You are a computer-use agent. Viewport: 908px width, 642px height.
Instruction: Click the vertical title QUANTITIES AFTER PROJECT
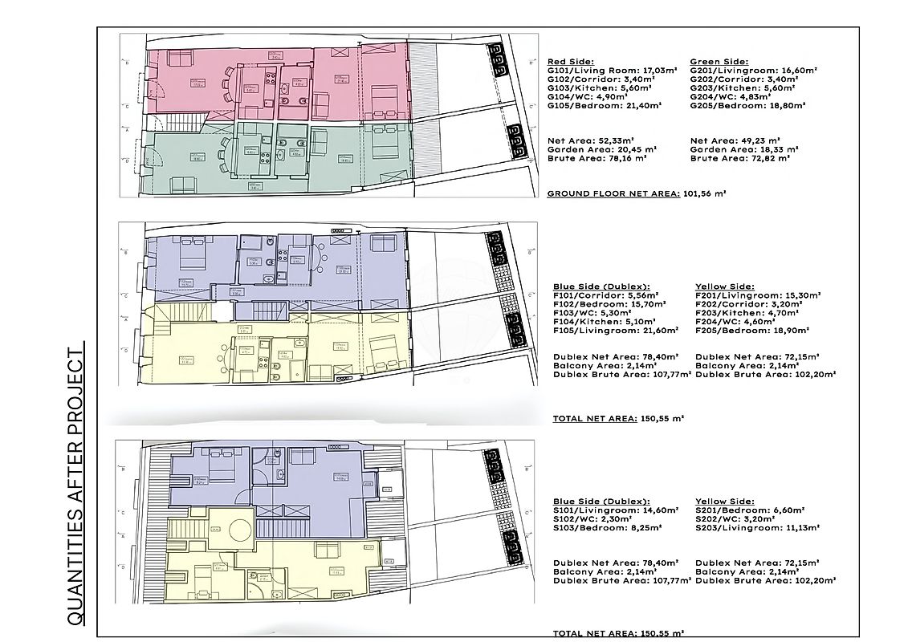[x=75, y=486]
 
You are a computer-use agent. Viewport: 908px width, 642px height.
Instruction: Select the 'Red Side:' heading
[x=570, y=61]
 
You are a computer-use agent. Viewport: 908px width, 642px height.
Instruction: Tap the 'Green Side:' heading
[x=719, y=61]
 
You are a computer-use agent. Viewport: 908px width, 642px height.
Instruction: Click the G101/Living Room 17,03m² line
[x=604, y=70]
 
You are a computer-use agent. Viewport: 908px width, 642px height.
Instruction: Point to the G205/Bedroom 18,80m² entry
[x=743, y=105]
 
